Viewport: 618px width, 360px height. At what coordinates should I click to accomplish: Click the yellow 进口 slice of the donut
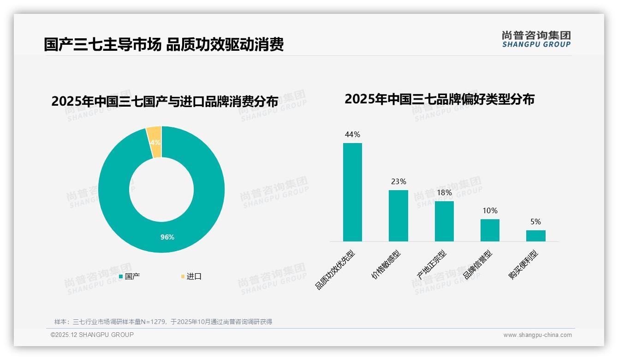[154, 141]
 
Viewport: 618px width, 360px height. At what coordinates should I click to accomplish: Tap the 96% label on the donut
[167, 237]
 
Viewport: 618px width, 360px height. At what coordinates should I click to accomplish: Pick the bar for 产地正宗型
[444, 221]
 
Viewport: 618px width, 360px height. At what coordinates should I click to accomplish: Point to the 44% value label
[352, 135]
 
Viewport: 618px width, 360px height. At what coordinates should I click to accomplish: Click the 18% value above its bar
[444, 193]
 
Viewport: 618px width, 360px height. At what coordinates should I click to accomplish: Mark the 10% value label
[490, 211]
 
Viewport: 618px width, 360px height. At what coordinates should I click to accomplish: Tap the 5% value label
[535, 222]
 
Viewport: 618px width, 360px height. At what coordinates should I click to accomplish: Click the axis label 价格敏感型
[386, 265]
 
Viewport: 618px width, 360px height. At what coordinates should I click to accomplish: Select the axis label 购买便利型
[523, 265]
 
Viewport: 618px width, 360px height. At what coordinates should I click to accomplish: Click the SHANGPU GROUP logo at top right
[536, 39]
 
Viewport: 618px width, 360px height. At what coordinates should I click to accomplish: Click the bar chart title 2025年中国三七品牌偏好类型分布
[439, 99]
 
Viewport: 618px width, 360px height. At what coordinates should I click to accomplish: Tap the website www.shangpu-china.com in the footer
[537, 335]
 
